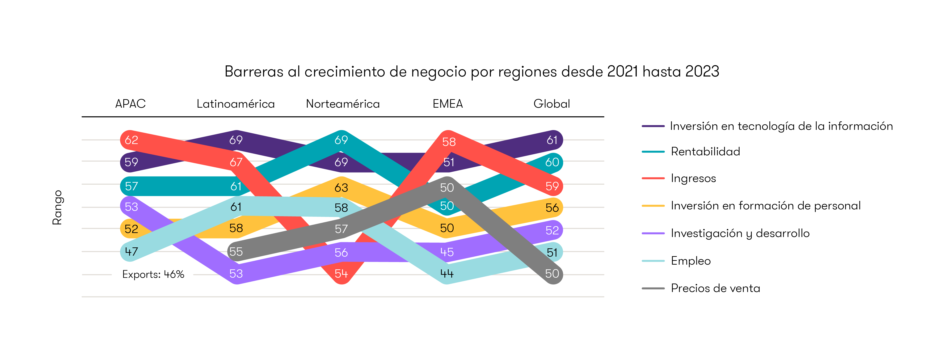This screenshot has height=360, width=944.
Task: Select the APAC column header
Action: click(x=131, y=104)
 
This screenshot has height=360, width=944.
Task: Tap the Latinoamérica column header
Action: click(x=236, y=104)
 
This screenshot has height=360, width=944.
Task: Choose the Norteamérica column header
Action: click(x=343, y=104)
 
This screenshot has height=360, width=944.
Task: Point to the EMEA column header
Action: click(x=447, y=104)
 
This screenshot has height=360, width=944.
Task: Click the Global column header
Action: click(x=552, y=104)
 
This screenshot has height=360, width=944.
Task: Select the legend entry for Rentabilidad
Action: click(x=705, y=151)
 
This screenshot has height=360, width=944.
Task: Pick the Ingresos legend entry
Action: click(x=693, y=178)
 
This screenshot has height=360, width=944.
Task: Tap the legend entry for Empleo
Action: click(x=690, y=261)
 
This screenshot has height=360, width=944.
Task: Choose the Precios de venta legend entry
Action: click(x=715, y=288)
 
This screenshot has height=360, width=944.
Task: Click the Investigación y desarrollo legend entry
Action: click(x=740, y=233)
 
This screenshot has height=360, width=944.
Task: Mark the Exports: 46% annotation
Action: click(x=153, y=274)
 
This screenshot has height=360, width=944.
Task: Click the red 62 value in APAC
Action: click(x=131, y=140)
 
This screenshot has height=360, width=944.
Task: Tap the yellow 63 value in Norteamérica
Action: click(x=341, y=188)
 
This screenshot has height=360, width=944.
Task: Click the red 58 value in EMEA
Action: click(x=449, y=142)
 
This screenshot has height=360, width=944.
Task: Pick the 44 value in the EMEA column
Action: click(x=447, y=274)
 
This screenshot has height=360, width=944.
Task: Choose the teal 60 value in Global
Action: click(x=552, y=162)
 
